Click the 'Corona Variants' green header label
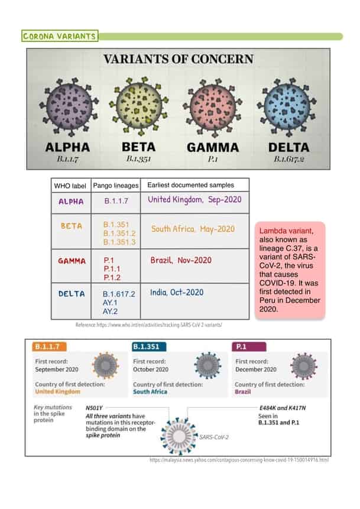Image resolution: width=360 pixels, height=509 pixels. (59, 37)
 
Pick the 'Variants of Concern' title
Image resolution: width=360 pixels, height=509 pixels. (179, 59)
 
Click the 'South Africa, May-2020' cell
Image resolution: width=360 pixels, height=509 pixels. (193, 229)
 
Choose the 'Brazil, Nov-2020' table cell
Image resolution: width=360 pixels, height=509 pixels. (181, 260)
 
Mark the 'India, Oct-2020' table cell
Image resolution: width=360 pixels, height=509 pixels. (177, 293)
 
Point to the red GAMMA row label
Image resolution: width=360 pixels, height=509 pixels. (72, 261)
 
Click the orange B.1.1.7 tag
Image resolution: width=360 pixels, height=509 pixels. (50, 346)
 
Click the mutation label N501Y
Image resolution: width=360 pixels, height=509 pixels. (95, 408)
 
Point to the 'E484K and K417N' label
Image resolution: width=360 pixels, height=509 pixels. (282, 408)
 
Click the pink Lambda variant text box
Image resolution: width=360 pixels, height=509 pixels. (290, 271)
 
